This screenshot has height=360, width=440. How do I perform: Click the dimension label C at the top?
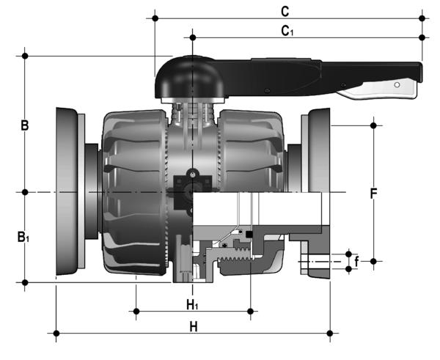pos(285,10)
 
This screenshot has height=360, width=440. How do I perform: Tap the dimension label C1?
pos(287,30)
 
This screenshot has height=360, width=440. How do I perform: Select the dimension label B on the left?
pos(24,125)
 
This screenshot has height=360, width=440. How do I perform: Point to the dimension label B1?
pos(24,237)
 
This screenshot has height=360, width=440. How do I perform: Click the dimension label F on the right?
pos(373,194)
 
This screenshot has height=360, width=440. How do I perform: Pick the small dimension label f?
pos(356,260)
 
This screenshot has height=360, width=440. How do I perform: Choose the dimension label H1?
pos(192,303)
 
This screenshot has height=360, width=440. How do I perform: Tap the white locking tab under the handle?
pos(381,90)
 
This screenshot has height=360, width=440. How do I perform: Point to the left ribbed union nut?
pos(132,192)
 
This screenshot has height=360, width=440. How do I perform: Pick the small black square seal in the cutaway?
pos(249,234)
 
